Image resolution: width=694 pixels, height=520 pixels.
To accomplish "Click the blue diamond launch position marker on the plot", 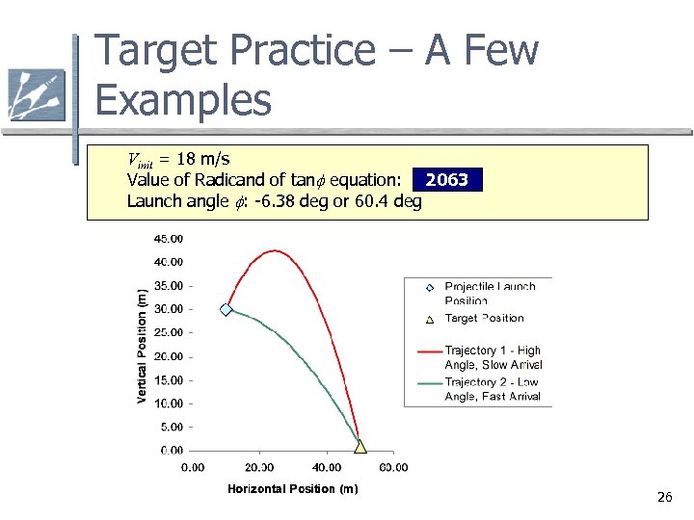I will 227,309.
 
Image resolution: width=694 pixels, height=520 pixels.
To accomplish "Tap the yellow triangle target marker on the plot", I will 360,446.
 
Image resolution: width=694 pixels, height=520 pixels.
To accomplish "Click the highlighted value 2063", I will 446,180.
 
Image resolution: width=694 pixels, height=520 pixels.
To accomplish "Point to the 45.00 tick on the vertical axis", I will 171,238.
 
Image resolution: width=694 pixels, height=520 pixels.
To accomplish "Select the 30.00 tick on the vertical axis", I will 171,309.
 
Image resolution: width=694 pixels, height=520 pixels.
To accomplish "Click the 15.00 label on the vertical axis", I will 171,379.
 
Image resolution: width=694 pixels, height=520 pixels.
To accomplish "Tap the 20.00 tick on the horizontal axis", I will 259,468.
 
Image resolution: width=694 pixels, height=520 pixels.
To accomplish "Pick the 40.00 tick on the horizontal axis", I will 326,468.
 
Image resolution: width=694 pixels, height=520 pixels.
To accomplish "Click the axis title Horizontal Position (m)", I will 292,489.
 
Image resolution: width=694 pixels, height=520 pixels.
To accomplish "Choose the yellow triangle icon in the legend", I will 430,319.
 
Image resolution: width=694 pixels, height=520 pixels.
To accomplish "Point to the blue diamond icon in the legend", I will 430,287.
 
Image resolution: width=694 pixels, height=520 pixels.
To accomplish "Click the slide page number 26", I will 664,497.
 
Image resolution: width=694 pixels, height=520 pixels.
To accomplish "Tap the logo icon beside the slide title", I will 36,94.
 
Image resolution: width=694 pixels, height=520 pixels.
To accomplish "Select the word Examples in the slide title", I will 184,100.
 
